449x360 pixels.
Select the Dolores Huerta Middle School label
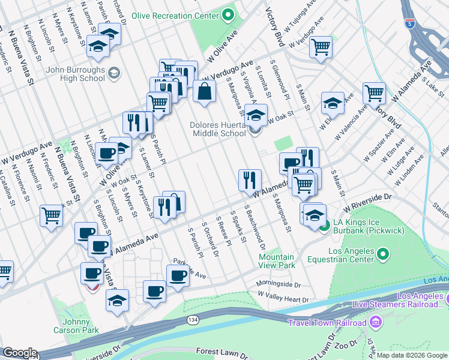[219, 129]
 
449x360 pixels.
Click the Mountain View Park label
[277, 260]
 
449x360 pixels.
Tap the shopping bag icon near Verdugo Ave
[205, 91]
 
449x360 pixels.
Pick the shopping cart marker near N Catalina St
[51, 215]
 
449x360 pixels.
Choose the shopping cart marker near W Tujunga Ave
[321, 46]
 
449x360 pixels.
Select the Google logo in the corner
[19, 353]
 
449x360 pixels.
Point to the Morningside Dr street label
[279, 284]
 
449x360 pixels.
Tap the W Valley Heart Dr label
[283, 296]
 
